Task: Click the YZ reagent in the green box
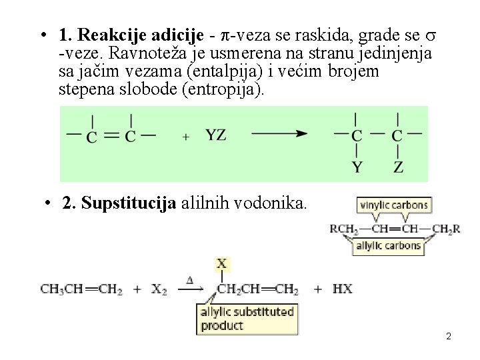pyautogui.click(x=215, y=135)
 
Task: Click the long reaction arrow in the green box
pyautogui.click(x=279, y=133)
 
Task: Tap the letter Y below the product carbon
pyautogui.click(x=357, y=167)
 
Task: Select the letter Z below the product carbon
pyautogui.click(x=398, y=167)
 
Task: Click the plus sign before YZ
pyautogui.click(x=185, y=136)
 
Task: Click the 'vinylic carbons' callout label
pyautogui.click(x=394, y=205)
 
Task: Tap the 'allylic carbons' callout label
pyautogui.click(x=389, y=245)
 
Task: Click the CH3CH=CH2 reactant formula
pyautogui.click(x=81, y=289)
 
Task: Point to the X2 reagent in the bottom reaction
pyautogui.click(x=159, y=289)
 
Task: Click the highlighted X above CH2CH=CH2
pyautogui.click(x=221, y=265)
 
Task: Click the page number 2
pyautogui.click(x=449, y=337)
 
